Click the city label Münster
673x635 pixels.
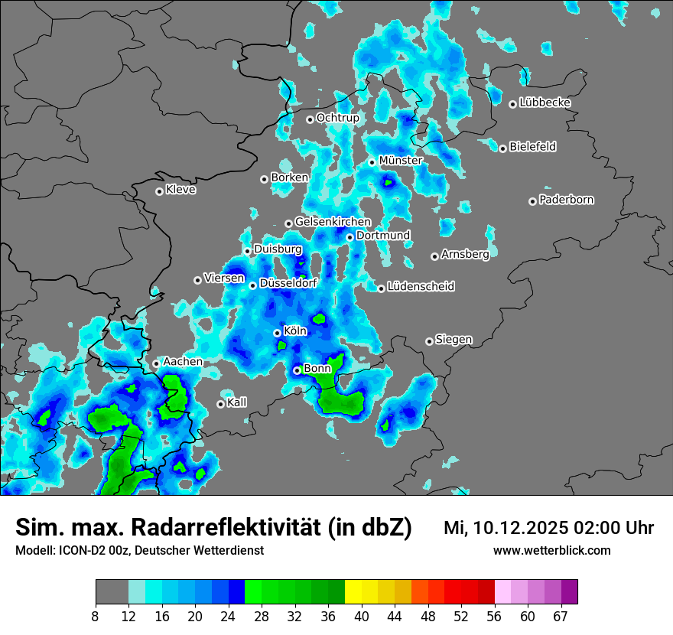(401, 161)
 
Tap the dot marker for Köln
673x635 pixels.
(277, 333)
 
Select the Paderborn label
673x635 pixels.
(567, 200)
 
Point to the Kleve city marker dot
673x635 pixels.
(159, 191)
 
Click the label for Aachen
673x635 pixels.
(183, 362)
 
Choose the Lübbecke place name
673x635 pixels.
(545, 103)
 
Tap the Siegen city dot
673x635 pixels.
(429, 341)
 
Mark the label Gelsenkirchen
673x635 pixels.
(333, 222)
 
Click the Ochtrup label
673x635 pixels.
(337, 118)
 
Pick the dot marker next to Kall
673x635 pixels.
(220, 404)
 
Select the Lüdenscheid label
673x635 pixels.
(421, 287)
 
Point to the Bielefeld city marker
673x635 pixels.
(502, 148)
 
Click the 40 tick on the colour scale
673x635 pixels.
(362, 616)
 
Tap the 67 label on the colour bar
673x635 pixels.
(561, 616)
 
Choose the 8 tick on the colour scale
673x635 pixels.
(96, 616)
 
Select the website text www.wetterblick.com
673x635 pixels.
(551, 550)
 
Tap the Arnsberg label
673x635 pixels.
(465, 255)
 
